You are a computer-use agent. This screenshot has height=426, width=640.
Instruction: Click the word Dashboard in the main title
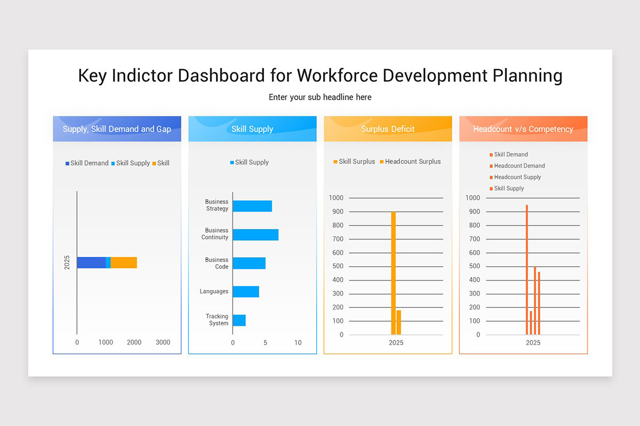(x=221, y=76)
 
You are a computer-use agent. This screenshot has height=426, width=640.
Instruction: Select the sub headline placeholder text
(x=320, y=97)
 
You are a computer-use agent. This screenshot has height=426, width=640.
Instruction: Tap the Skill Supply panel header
(x=252, y=129)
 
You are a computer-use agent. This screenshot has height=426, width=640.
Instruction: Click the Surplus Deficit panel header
(x=388, y=129)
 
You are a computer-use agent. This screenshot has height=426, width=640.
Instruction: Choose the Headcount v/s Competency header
(x=523, y=129)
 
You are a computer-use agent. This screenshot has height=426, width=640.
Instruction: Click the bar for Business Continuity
(x=255, y=235)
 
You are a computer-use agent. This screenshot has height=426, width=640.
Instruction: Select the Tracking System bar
(x=239, y=320)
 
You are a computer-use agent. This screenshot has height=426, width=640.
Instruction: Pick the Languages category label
(x=214, y=292)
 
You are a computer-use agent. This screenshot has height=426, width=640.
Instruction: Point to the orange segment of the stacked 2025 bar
(x=124, y=263)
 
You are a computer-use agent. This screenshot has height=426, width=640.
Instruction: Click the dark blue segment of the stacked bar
(x=91, y=263)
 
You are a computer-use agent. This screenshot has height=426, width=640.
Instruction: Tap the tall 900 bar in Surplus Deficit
(x=394, y=273)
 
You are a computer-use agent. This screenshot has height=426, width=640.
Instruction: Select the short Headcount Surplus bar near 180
(x=399, y=322)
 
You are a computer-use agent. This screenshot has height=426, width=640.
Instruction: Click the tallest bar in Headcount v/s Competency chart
(x=526, y=269)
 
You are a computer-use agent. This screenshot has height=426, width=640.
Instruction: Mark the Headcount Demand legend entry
(x=519, y=166)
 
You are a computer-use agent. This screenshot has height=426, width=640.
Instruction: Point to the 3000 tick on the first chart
(x=163, y=342)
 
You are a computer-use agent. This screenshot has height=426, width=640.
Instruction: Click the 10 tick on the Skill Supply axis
(x=298, y=343)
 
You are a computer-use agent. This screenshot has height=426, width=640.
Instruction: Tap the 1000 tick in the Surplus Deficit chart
(x=337, y=198)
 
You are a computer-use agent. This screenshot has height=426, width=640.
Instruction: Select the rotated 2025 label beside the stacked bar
(x=67, y=263)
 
